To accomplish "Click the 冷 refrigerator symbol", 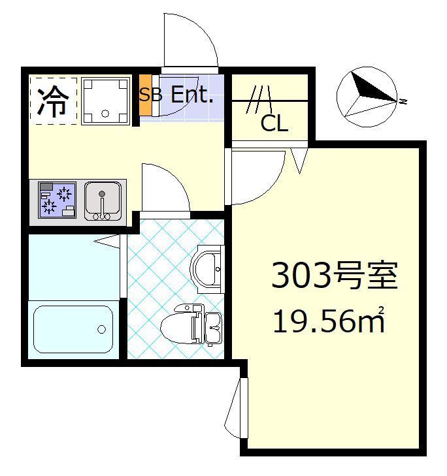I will tap(53, 100).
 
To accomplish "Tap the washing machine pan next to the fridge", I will tap(105, 100).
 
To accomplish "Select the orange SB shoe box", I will tap(145, 96).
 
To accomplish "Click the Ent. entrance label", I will tap(192, 95).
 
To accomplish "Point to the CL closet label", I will tap(274, 123).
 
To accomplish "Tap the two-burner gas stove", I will tap(57, 199).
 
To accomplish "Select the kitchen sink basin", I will tap(103, 199).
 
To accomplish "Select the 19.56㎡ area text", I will tap(327, 321).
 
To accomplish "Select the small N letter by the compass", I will tap(405, 102).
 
